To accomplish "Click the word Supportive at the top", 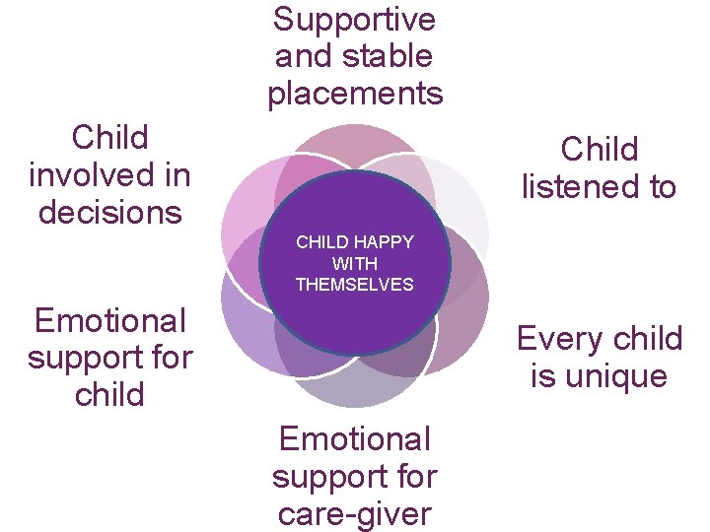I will click(x=354, y=19).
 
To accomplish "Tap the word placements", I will click(x=355, y=95).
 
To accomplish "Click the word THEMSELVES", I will click(x=355, y=285).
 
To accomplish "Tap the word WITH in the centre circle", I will click(x=355, y=264).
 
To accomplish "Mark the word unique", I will click(x=613, y=376).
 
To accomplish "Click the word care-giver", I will click(x=355, y=514).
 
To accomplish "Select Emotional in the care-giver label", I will click(x=355, y=438).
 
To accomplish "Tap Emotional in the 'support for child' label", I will click(x=109, y=320).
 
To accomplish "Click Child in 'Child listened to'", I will click(x=599, y=150).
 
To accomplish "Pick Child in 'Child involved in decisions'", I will click(x=109, y=137).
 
